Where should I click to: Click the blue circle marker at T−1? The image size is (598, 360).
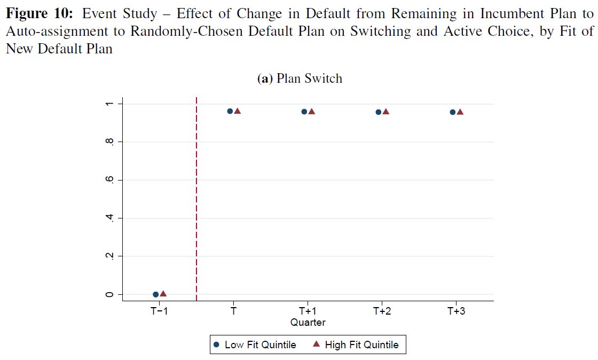click(x=156, y=294)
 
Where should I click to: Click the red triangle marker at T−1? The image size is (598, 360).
click(x=163, y=294)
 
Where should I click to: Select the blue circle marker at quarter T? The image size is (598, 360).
click(x=230, y=111)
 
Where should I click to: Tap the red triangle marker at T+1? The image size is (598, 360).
click(x=312, y=112)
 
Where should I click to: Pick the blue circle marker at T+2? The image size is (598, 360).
click(x=379, y=112)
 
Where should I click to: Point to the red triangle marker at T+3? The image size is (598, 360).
click(x=460, y=112)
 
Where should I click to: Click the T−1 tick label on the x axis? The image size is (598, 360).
click(x=159, y=311)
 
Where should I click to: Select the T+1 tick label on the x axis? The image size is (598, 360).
click(x=308, y=311)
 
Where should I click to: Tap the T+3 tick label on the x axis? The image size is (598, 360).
click(x=456, y=311)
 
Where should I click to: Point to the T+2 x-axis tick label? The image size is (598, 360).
click(x=382, y=311)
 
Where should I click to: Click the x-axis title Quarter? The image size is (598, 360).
click(x=308, y=323)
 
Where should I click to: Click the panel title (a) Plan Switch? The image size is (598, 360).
click(x=300, y=79)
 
